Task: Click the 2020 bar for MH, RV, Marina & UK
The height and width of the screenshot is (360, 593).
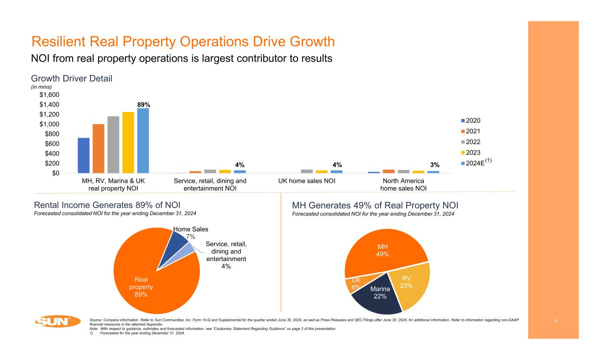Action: (x=83, y=155)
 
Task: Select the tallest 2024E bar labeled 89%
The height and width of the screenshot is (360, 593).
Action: (x=143, y=141)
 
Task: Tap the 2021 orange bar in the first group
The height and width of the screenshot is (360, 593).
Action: (x=98, y=149)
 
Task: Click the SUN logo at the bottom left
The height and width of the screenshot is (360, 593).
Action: (x=58, y=321)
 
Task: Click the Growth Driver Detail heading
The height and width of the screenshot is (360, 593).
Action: (x=72, y=79)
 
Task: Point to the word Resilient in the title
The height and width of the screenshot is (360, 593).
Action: (x=58, y=42)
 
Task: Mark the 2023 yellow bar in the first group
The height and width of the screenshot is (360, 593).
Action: (x=128, y=142)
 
